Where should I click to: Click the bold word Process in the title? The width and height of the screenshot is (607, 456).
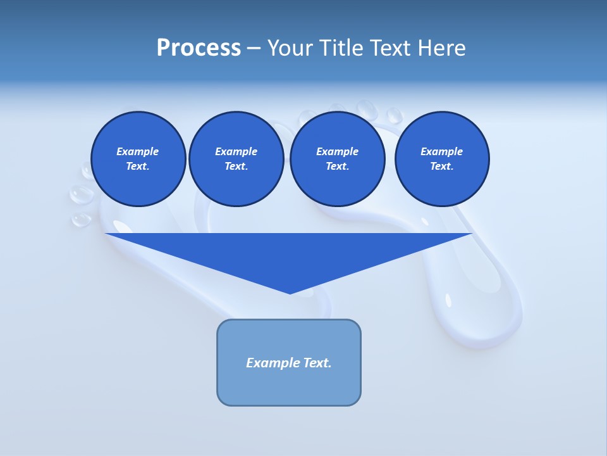click(x=199, y=48)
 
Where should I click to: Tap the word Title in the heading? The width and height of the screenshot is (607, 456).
click(x=340, y=48)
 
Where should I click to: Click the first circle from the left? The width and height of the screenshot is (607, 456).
click(x=138, y=159)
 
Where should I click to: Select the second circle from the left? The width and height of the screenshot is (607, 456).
click(x=236, y=159)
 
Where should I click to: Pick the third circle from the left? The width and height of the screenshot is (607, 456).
click(x=337, y=159)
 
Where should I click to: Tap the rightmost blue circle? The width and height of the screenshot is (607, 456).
click(x=441, y=159)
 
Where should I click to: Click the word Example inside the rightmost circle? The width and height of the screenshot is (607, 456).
click(x=441, y=151)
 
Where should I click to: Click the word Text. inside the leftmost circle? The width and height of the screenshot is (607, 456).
click(x=138, y=167)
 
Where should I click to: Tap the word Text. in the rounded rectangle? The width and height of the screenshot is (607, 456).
click(x=317, y=363)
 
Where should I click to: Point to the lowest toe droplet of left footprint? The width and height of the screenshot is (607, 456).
click(x=81, y=220)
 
